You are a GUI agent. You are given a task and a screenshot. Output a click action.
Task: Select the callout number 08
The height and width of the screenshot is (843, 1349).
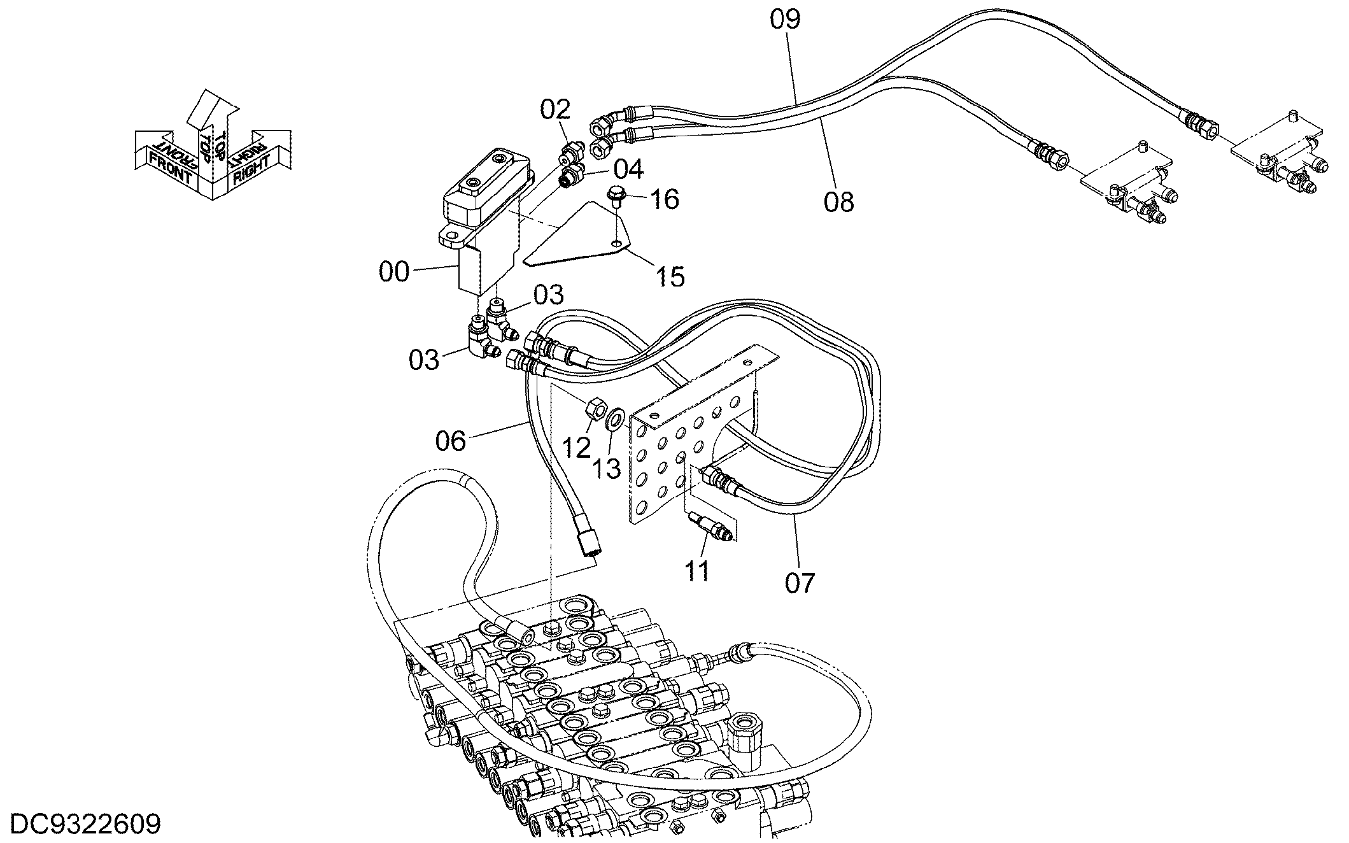pos(838,202)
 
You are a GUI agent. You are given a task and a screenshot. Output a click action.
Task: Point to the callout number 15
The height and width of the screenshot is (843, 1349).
pos(670,277)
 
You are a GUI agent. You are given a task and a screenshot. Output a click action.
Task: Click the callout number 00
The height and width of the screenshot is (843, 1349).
pos(394,272)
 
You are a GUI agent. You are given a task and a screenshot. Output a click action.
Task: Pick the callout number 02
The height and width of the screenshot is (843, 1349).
pos(556,110)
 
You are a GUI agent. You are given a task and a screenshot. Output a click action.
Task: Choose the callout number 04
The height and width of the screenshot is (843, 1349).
pos(628,169)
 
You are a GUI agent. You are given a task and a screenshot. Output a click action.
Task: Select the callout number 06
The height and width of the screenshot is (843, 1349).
pos(451,441)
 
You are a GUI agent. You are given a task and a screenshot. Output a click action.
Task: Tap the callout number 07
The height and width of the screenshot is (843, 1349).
pos(800,583)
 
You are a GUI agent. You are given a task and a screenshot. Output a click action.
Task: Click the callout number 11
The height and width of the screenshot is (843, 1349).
pos(697,571)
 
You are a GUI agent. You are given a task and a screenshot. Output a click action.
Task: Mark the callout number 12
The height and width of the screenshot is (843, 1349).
pos(577,448)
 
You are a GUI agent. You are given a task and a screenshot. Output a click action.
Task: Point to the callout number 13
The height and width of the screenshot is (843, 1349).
pos(607,469)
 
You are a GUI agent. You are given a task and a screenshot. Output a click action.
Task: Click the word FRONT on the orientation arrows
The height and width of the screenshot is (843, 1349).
pos(170,167)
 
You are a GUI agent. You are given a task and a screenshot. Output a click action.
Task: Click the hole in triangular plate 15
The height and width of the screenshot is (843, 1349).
pos(616,244)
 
